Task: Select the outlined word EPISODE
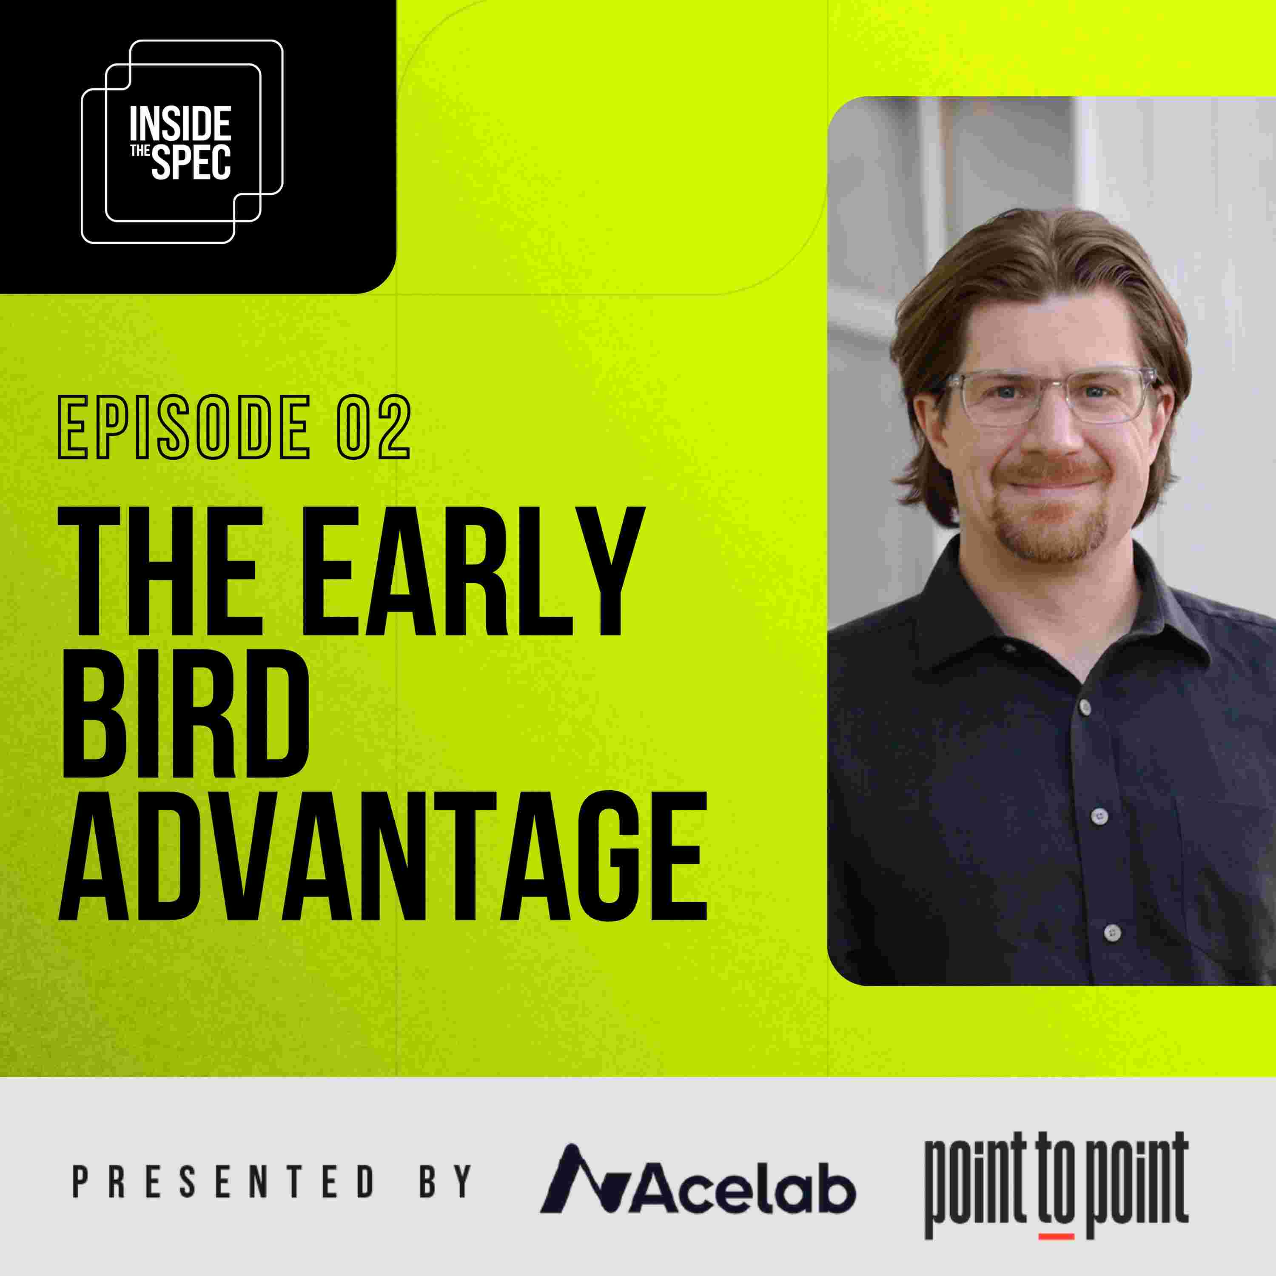184,427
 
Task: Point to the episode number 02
374,427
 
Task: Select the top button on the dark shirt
1085,706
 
